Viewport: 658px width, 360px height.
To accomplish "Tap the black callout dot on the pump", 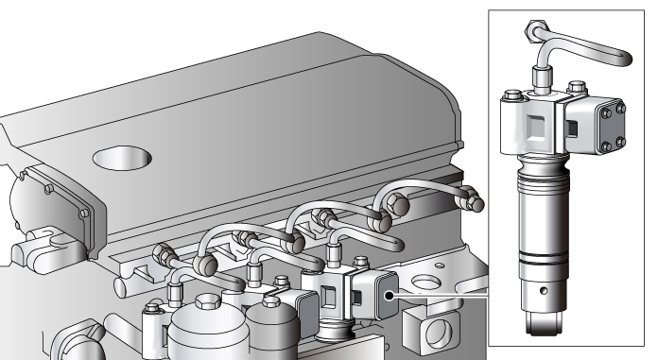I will pyautogui.click(x=389, y=295).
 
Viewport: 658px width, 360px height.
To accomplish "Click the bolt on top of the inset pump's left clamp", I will pyautogui.click(x=511, y=94).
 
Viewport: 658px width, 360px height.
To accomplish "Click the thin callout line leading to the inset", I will pyautogui.click(x=444, y=295).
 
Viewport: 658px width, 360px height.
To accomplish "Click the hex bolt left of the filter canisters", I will pyautogui.click(x=151, y=307).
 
